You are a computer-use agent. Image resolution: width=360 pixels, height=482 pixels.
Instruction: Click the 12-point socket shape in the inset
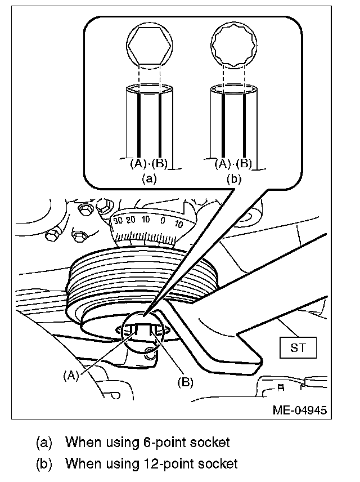234,47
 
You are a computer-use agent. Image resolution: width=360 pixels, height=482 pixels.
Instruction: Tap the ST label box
298,347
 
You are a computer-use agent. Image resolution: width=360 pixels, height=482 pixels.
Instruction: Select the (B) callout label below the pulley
184,382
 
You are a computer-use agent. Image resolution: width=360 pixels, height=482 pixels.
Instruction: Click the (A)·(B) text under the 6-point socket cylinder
149,164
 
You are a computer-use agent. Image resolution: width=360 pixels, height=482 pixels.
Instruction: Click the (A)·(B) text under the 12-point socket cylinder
233,164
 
